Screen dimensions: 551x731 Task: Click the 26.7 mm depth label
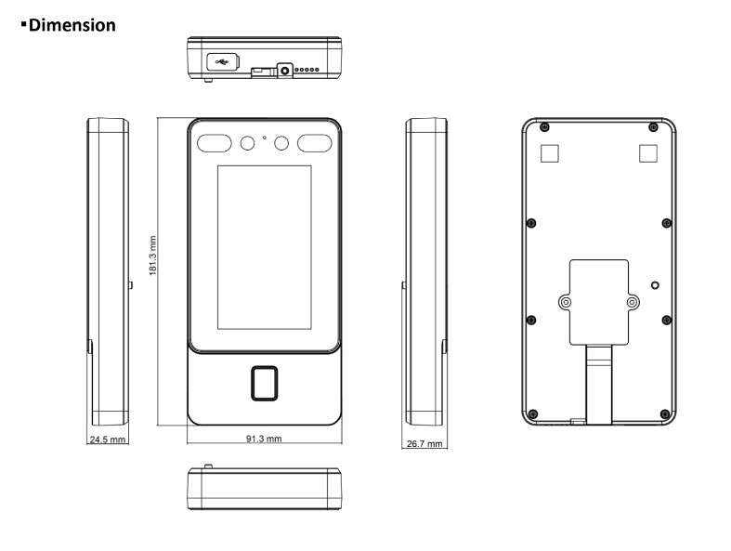[426, 444]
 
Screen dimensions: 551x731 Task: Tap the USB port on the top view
[223, 63]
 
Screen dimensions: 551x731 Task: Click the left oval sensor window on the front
[215, 143]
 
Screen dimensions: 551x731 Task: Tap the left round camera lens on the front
[248, 143]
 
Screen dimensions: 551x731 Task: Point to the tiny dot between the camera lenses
[265, 138]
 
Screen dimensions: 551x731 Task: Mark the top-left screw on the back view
[544, 126]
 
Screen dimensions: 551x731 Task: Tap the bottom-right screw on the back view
[663, 413]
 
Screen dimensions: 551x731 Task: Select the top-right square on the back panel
[645, 152]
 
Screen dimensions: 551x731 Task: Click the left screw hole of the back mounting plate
[565, 302]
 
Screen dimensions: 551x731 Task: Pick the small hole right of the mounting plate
[655, 284]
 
